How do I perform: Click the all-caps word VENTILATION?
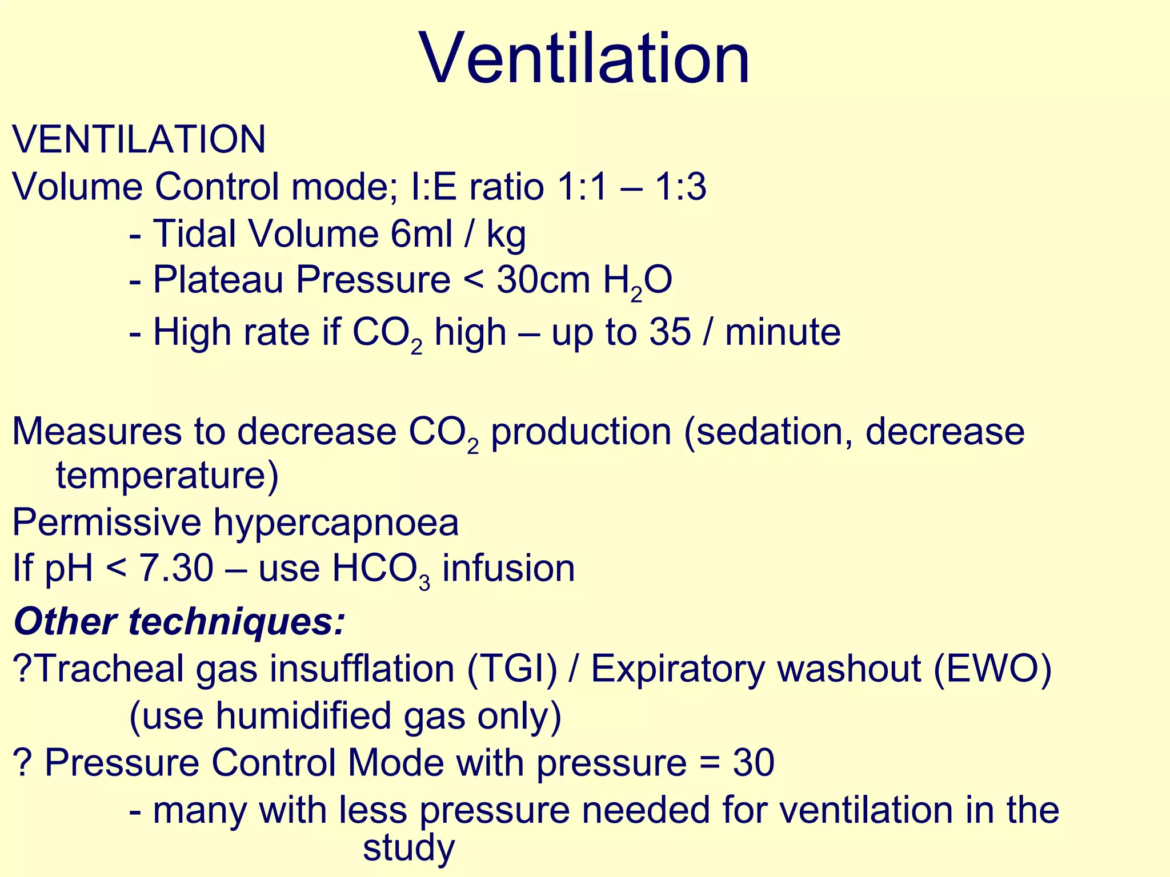point(139,139)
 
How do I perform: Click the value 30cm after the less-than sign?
point(543,280)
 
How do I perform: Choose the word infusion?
point(508,569)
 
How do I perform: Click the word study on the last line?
point(408,848)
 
